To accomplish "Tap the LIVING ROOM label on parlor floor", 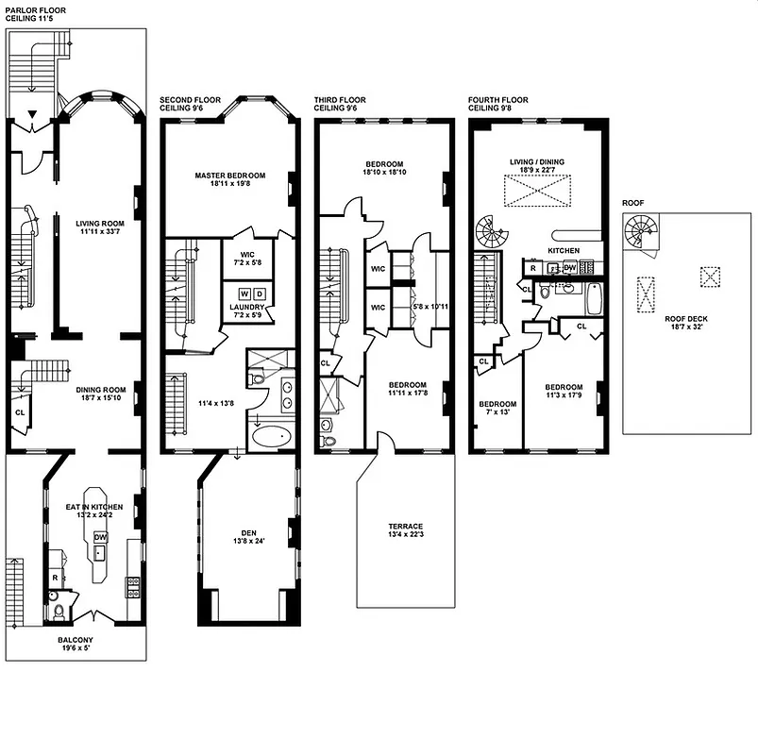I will (x=100, y=224).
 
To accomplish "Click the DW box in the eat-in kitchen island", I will (x=100, y=537).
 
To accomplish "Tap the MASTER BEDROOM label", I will (x=229, y=175).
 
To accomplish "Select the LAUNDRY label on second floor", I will (x=244, y=307).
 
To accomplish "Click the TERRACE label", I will (x=405, y=527).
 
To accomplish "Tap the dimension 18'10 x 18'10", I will (x=385, y=172).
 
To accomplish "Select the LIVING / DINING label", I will (x=536, y=161).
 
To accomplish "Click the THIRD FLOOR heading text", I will (x=340, y=100).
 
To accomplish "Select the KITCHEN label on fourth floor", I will (x=563, y=250).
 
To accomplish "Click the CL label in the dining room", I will (x=20, y=412).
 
